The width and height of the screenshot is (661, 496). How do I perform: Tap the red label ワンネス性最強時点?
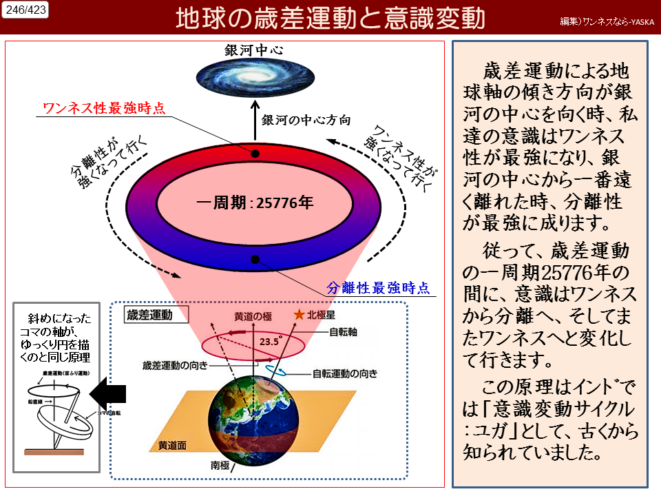(x=104, y=108)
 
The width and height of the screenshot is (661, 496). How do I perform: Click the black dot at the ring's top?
(x=255, y=153)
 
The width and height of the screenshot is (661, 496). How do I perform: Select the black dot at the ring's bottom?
(x=255, y=260)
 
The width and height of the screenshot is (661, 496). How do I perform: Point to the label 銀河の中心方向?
(x=306, y=120)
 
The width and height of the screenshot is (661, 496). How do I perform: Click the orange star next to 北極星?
(x=299, y=314)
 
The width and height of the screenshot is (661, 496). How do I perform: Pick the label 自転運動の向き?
(x=345, y=374)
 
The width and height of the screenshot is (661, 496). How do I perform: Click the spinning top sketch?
(x=61, y=413)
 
